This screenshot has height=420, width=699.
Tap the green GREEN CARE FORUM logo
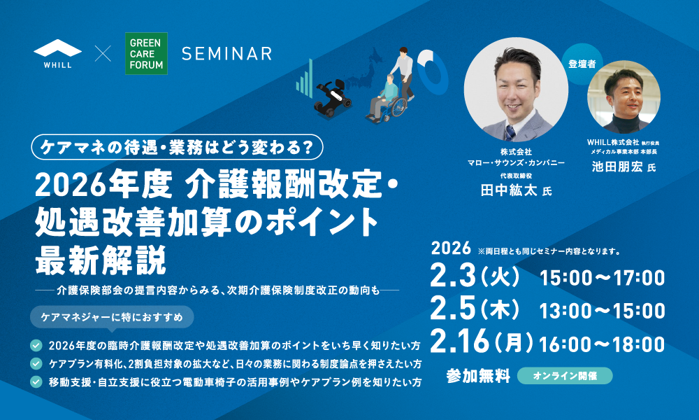click(x=146, y=54)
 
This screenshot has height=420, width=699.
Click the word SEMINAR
click(x=226, y=54)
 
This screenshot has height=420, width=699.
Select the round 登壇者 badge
click(x=582, y=64)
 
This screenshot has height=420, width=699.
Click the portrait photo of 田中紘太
click(x=516, y=90)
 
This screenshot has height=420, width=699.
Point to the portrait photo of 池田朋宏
click(x=624, y=97)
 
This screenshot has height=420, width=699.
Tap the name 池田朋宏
click(x=617, y=167)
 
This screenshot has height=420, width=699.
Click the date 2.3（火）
click(x=475, y=276)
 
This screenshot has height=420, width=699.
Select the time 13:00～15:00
click(x=602, y=311)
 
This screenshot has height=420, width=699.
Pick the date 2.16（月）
click(x=482, y=343)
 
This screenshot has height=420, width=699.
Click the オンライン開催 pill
click(x=565, y=376)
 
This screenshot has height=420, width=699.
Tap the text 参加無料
click(x=478, y=377)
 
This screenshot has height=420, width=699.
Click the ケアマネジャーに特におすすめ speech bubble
click(x=112, y=317)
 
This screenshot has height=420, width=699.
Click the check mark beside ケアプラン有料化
click(x=36, y=364)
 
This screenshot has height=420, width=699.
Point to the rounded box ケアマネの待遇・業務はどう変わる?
click(x=177, y=147)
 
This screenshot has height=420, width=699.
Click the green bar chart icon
click(x=305, y=78)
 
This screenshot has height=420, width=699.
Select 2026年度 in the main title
click(x=103, y=185)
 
